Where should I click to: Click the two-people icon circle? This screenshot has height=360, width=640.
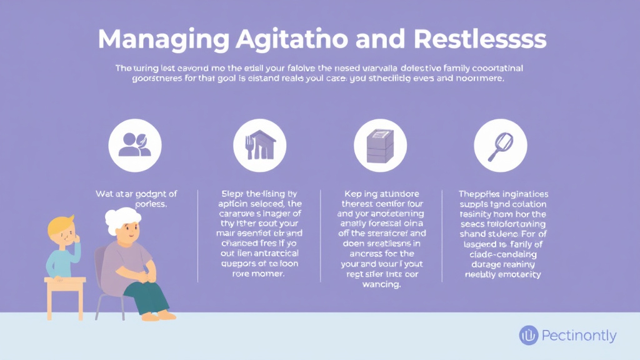(x=134, y=145)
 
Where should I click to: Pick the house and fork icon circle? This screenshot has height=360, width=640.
(x=259, y=145)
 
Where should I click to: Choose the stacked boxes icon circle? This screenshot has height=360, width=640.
(x=380, y=145)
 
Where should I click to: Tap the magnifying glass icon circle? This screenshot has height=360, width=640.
(x=500, y=145)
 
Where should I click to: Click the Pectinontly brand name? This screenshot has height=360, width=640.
(x=579, y=336)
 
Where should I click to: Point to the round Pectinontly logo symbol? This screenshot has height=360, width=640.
(x=529, y=336)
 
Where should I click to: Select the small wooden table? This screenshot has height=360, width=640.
(x=64, y=294)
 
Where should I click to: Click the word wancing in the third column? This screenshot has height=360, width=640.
(x=380, y=284)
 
